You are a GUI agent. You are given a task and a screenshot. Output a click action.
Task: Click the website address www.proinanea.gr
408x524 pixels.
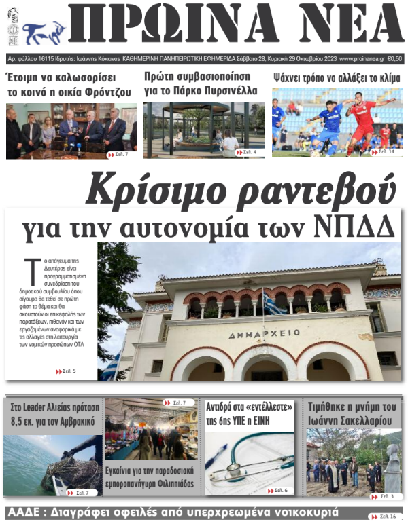(361, 59)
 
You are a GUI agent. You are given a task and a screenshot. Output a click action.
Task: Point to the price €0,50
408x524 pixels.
(394, 59)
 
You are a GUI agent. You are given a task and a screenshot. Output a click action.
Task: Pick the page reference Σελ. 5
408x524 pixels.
(66, 371)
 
